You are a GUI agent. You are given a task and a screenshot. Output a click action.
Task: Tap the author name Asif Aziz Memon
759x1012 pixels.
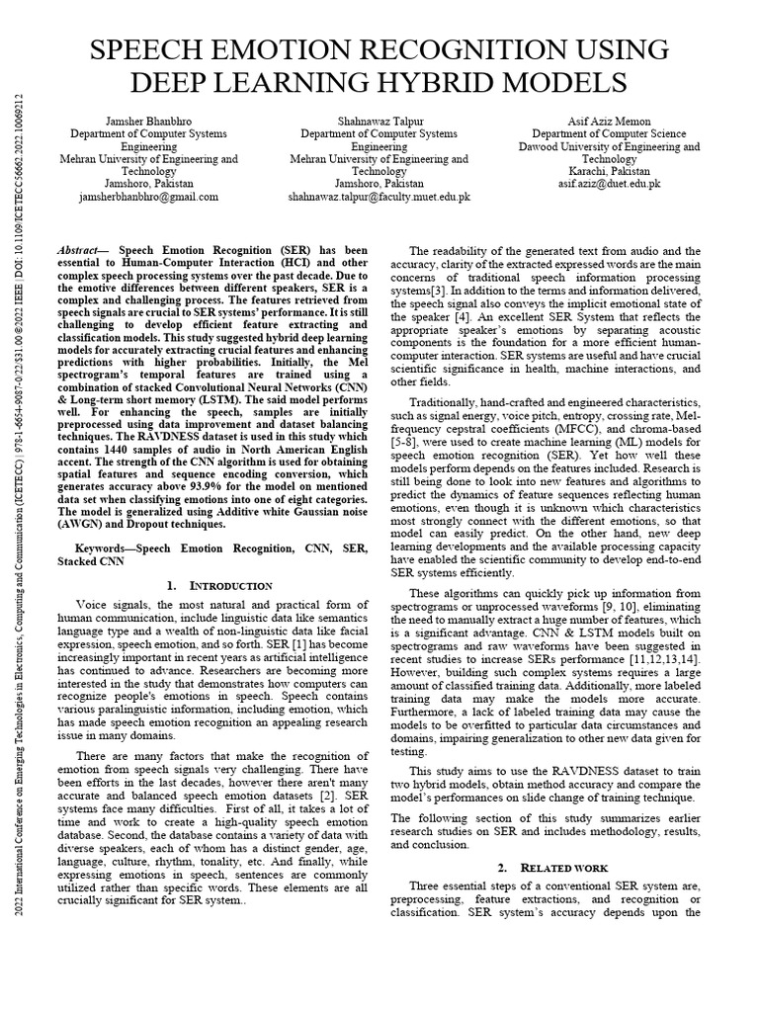coord(609,122)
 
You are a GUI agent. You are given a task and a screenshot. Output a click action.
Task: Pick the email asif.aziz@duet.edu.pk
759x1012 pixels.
coord(609,184)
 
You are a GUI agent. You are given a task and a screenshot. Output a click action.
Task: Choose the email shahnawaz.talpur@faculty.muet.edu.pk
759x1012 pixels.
coord(379,197)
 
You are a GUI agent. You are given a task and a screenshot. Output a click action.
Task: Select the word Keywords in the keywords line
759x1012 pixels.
coord(104,547)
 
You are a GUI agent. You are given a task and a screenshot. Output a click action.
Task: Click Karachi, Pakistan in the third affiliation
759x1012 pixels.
coord(609,171)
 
